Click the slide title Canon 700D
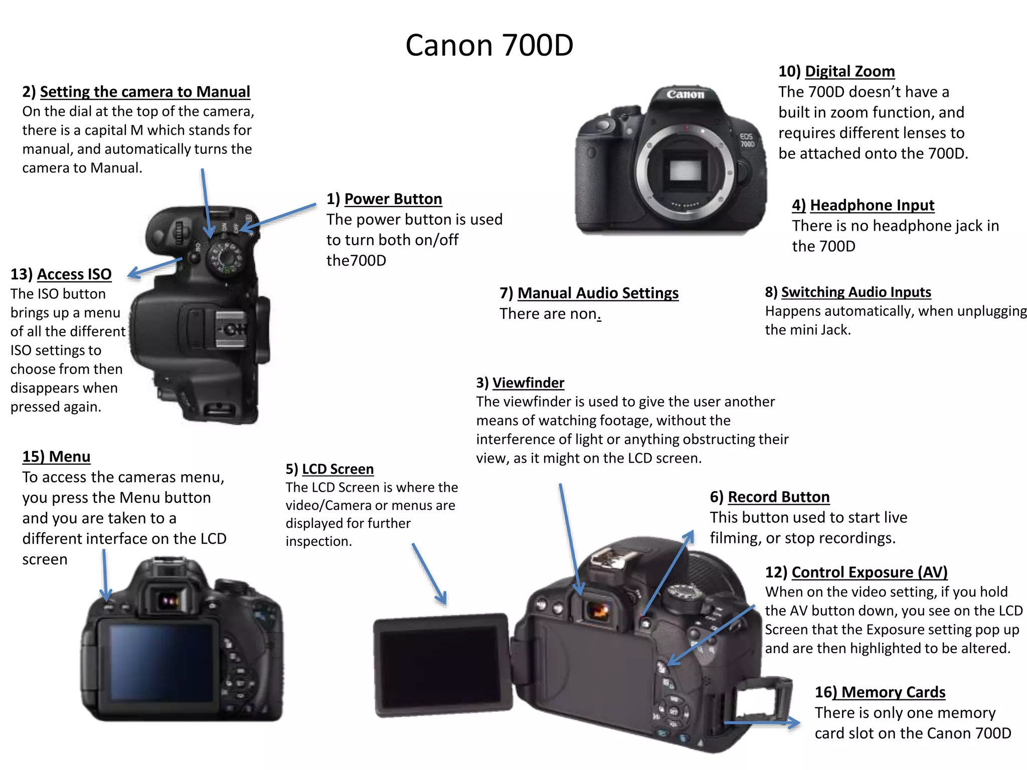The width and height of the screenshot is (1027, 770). coord(489,45)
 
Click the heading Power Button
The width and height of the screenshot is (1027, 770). coord(393,199)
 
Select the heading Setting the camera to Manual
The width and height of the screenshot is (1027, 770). coord(144,92)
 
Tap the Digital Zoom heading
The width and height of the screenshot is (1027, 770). coord(849,71)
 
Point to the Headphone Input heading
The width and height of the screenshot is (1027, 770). coord(872,205)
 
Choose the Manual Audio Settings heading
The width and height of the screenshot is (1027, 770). coord(598,293)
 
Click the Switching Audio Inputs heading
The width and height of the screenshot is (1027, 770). coord(855,292)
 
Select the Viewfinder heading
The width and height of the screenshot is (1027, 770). coord(528,382)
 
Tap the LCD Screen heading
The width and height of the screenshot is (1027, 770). coord(337,469)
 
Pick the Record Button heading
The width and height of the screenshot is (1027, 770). coord(778,497)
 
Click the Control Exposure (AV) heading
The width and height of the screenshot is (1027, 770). coord(869,572)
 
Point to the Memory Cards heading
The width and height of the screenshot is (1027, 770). coord(893,692)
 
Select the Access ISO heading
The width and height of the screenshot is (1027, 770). coord(74,274)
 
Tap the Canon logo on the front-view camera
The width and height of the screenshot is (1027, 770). coord(685,94)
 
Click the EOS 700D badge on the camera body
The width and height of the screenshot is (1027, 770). coord(747,140)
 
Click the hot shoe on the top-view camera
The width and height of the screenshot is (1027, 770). coord(231,329)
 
